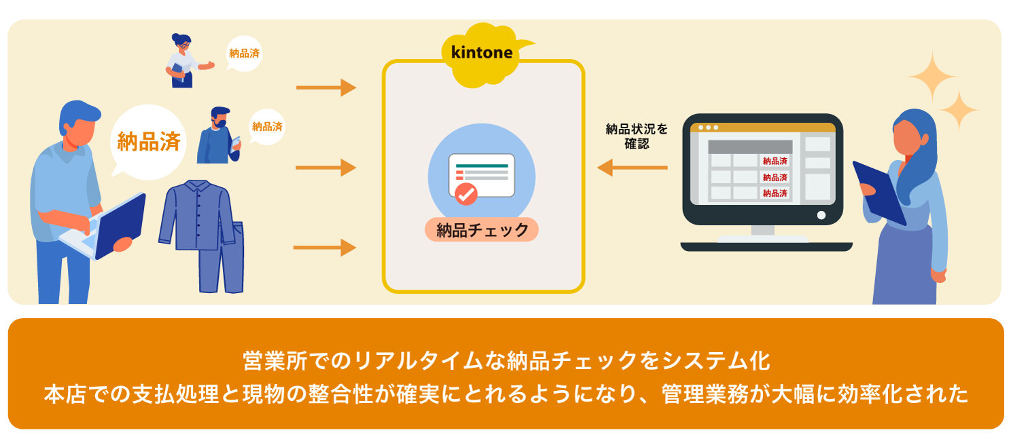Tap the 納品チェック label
point(482,230)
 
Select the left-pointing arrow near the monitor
point(632,167)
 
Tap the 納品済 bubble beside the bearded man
point(267,126)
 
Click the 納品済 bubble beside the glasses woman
point(244,53)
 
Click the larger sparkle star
point(932,77)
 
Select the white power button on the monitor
point(821,215)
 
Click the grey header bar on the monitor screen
point(750,147)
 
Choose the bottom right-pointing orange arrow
point(325,248)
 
